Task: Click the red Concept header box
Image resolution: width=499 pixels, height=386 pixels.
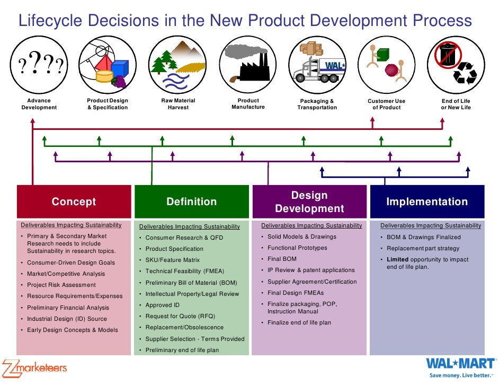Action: [74, 201]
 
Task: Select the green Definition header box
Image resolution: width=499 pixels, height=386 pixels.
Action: [191, 201]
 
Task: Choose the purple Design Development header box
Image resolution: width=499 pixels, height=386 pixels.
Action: [309, 201]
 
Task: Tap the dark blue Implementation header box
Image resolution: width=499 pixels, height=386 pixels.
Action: [427, 201]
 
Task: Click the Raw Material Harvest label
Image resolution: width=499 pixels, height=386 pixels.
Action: [178, 104]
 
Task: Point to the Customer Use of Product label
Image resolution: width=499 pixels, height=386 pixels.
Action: [386, 104]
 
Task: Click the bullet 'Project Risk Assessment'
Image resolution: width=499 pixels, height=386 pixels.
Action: [61, 285]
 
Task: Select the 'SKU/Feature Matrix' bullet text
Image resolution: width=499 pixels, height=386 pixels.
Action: [172, 260]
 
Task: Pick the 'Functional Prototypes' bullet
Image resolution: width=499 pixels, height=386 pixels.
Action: [297, 248]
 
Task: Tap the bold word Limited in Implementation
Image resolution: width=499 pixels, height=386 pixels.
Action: [397, 259]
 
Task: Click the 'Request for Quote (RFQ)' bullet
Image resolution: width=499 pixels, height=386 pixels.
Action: [180, 316]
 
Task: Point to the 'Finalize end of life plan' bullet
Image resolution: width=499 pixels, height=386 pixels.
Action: [299, 322]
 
